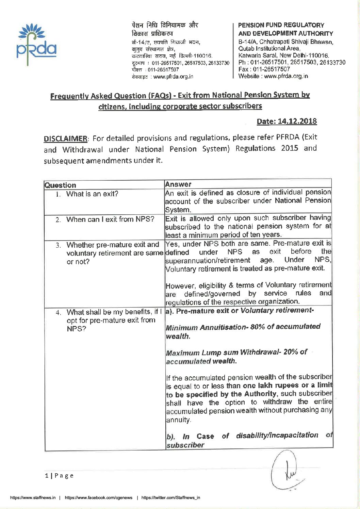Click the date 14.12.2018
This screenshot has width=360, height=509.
point(287,121)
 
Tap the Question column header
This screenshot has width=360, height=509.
point(60,185)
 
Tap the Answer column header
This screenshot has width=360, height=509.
point(178,184)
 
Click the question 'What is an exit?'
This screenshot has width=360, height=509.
point(92,194)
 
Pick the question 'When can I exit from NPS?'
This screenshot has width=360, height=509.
point(110,219)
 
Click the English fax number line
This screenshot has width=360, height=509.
point(264,69)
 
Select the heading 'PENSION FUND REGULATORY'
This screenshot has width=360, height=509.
point(281,25)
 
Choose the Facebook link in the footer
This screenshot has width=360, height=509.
point(98,497)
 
